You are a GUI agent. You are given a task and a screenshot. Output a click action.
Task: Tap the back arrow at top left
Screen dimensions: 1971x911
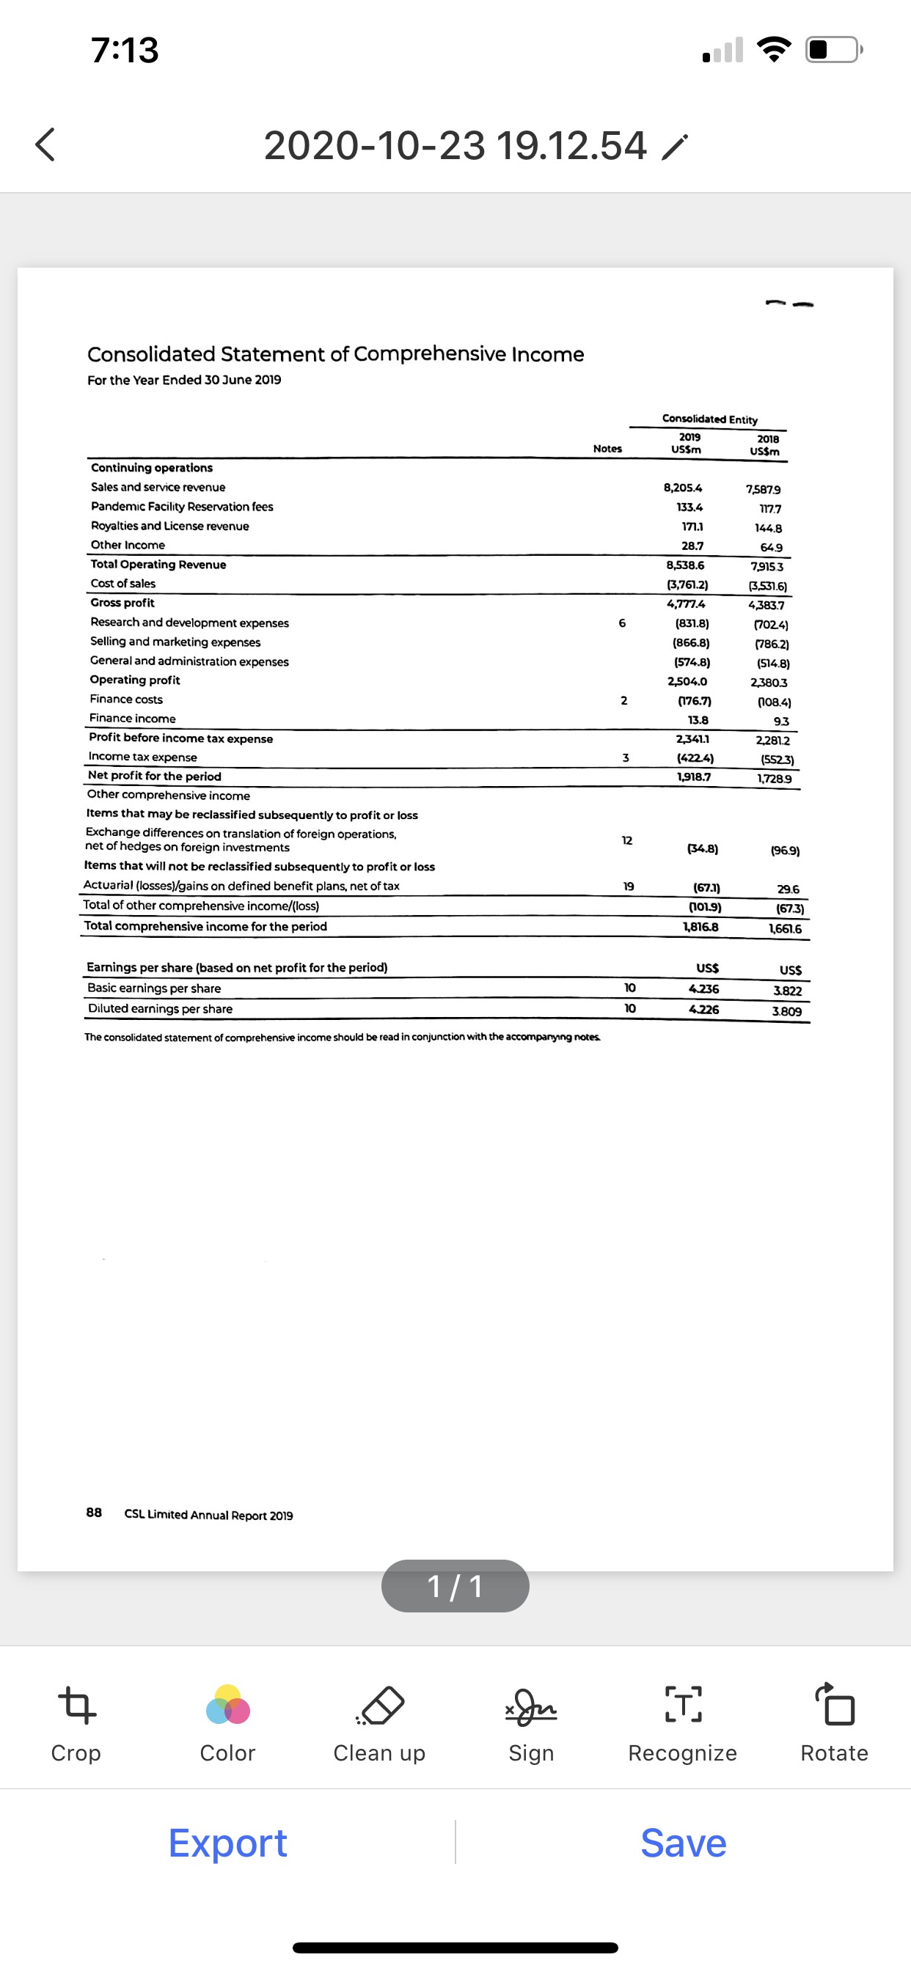coord(45,144)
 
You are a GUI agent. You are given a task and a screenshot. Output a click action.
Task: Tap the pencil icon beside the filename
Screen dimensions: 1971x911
coord(674,147)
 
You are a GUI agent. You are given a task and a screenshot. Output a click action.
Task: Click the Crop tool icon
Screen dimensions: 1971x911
coord(76,1706)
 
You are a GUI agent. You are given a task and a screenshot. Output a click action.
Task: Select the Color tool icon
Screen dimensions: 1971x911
coord(227,1706)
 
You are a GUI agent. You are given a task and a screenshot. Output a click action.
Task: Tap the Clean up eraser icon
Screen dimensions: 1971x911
coord(381,1706)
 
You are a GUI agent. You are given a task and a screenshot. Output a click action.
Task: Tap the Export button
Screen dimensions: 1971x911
coord(227,1843)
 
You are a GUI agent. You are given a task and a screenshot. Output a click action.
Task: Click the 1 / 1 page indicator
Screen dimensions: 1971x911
coord(455,1586)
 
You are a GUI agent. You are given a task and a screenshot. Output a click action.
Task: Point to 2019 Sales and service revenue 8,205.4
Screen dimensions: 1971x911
coord(683,488)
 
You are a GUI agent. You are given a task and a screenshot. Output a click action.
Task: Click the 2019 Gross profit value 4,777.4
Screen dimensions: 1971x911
coord(686,603)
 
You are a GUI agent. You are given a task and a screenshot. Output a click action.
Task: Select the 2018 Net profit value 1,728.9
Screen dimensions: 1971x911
coord(774,778)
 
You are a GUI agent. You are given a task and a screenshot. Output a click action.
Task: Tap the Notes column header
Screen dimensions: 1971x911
coord(607,448)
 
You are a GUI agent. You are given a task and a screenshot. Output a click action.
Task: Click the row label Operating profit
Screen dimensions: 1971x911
coord(135,680)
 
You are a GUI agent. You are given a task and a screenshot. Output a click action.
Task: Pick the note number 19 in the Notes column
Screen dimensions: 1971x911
coord(628,886)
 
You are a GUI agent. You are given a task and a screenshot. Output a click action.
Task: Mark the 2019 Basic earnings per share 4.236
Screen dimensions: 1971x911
coord(703,988)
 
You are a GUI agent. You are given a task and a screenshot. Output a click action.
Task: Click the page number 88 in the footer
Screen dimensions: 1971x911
coord(93,1512)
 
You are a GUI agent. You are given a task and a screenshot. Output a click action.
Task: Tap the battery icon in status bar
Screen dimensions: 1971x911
coord(833,50)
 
